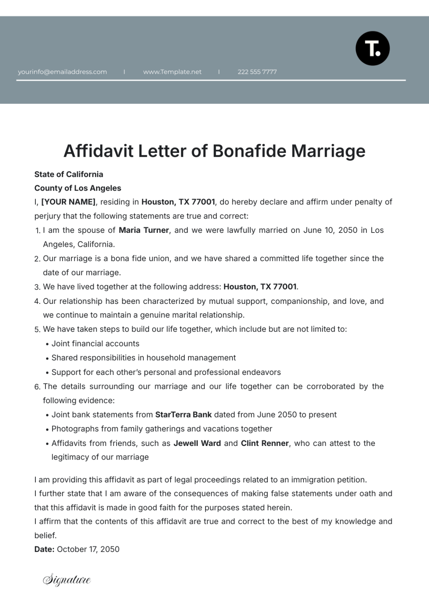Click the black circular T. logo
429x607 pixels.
tap(373, 49)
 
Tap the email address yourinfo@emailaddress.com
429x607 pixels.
tap(62, 72)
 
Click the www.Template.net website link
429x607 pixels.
tap(172, 72)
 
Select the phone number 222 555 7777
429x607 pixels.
tap(257, 72)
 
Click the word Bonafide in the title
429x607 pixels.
tap(250, 151)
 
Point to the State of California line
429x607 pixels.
tap(69, 174)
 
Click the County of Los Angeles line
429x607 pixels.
tap(78, 188)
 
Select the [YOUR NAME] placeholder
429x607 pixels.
tap(69, 202)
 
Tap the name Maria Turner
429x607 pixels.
tap(144, 230)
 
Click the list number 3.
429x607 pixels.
tap(37, 287)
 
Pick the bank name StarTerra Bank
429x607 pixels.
tap(183, 415)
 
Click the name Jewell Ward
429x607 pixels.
tap(197, 443)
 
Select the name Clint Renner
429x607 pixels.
tap(265, 443)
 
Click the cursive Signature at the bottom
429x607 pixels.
tap(67, 580)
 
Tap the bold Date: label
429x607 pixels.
tap(44, 550)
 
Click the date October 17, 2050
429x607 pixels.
tap(88, 550)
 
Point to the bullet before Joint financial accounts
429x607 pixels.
tap(48, 344)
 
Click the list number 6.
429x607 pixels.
tap(37, 387)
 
